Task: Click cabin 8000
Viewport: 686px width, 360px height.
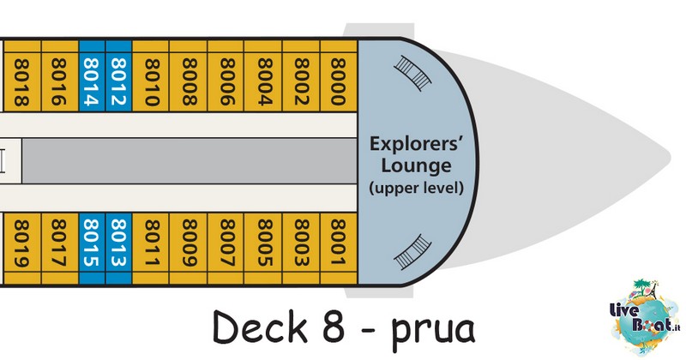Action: [x=339, y=75]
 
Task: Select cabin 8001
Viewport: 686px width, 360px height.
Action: [x=339, y=249]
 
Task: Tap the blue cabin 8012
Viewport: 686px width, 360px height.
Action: [x=118, y=75]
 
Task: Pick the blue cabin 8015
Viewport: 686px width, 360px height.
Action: [x=92, y=249]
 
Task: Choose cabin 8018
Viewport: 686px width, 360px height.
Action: [x=22, y=75]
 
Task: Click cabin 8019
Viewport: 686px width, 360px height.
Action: [x=22, y=249]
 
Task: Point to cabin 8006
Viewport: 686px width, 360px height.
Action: [x=226, y=75]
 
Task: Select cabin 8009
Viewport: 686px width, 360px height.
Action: [x=189, y=249]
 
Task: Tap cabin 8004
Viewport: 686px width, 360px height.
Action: [x=263, y=75]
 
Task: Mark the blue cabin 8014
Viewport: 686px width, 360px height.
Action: [x=92, y=75]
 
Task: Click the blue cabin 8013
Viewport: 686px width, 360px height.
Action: [x=118, y=249]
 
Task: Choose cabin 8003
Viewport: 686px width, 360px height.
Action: [x=302, y=249]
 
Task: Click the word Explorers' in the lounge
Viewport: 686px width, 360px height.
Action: [x=416, y=143]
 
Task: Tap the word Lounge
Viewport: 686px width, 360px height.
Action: [x=416, y=165]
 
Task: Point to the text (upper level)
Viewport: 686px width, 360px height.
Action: [x=416, y=188]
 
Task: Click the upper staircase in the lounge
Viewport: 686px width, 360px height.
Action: [x=412, y=73]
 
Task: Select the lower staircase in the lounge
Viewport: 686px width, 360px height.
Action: [x=412, y=252]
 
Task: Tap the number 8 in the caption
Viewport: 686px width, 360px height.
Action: [x=334, y=327]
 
